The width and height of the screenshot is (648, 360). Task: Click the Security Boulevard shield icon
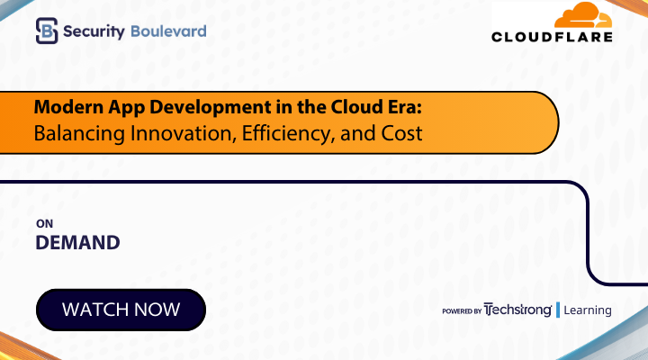pyautogui.click(x=47, y=31)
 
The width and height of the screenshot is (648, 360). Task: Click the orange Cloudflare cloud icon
pyautogui.click(x=582, y=16)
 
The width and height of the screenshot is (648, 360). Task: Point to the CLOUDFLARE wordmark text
pyautogui.click(x=552, y=37)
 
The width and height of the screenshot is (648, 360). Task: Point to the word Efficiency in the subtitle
pyautogui.click(x=274, y=133)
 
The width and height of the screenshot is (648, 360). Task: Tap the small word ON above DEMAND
pyautogui.click(x=42, y=224)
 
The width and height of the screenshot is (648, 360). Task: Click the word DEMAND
pyautogui.click(x=77, y=242)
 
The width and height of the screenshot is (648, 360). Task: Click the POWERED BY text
pyautogui.click(x=461, y=311)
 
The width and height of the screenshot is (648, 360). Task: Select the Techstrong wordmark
pyautogui.click(x=517, y=310)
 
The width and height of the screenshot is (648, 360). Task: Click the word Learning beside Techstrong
pyautogui.click(x=588, y=310)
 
